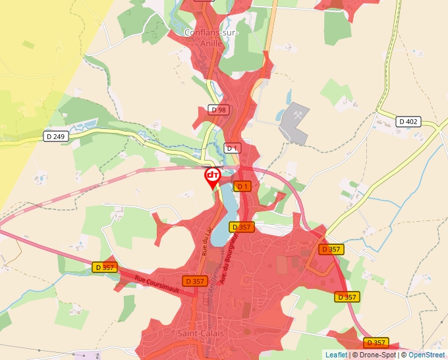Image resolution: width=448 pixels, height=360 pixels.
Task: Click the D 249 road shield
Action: click(57, 136)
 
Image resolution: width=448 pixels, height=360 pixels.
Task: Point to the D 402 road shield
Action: click(408, 121)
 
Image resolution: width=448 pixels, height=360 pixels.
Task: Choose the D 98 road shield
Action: click(219, 109)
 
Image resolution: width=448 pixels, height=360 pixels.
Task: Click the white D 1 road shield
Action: click(231, 148)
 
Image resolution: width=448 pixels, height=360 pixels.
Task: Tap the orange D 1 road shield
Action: click(243, 186)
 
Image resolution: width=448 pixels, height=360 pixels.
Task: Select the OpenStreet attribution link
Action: click(426, 355)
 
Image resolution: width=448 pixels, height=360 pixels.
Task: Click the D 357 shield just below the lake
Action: click(241, 227)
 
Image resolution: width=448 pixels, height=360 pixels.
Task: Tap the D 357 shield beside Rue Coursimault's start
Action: click(105, 267)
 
